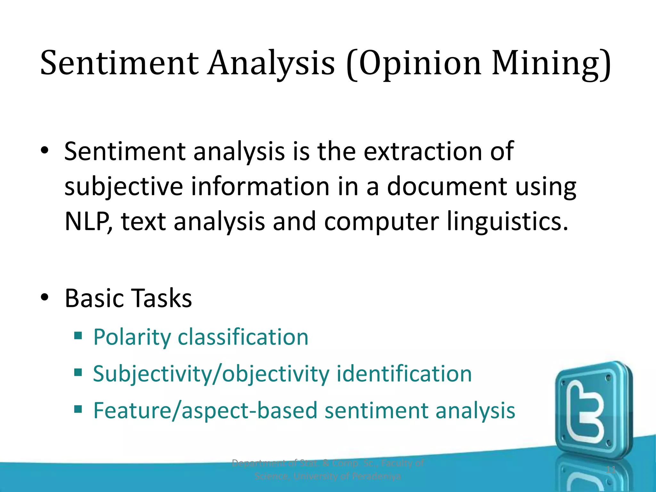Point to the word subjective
(124, 187)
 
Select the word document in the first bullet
(447, 186)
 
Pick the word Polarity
(132, 338)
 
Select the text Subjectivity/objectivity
(211, 374)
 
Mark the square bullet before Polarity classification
(78, 336)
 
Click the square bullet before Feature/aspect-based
(78, 409)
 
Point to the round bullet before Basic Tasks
(45, 297)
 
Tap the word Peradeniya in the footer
(376, 476)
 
